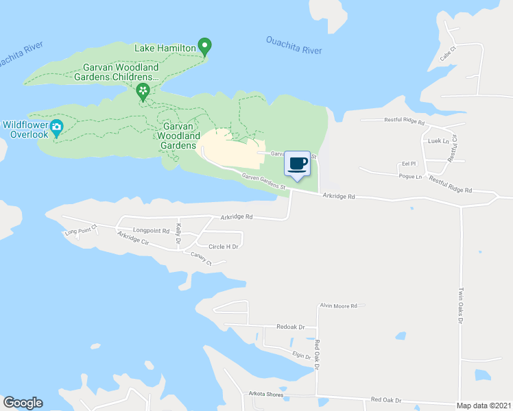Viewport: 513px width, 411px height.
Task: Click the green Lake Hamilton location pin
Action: pyautogui.click(x=204, y=47)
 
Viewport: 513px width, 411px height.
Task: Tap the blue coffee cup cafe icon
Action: pyautogui.click(x=297, y=164)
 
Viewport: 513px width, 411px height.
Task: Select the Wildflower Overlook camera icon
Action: pyautogui.click(x=57, y=126)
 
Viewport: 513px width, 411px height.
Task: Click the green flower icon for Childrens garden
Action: pyautogui.click(x=143, y=91)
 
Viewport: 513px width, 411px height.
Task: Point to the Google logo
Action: pyautogui.click(x=23, y=403)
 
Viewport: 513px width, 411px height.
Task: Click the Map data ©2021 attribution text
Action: pyautogui.click(x=483, y=406)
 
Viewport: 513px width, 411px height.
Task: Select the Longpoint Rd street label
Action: pyautogui.click(x=151, y=231)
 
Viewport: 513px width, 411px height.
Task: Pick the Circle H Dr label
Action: pyautogui.click(x=223, y=247)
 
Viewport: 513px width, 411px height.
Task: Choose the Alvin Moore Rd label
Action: pyautogui.click(x=339, y=306)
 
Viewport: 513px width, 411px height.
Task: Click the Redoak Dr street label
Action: pyautogui.click(x=290, y=327)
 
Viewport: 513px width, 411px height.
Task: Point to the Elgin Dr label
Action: pyautogui.click(x=302, y=356)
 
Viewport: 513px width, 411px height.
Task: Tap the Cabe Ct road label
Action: pyautogui.click(x=449, y=51)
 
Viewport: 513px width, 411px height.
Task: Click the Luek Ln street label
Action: pyautogui.click(x=433, y=140)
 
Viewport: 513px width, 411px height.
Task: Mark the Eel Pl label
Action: pyautogui.click(x=409, y=164)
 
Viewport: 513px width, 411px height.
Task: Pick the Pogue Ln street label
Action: pyautogui.click(x=410, y=176)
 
